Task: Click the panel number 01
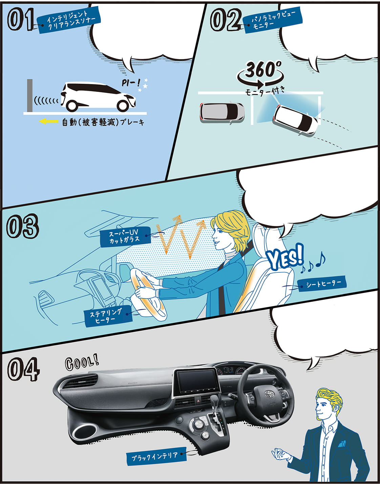[x=21, y=19]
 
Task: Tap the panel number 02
[x=226, y=20]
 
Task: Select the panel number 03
[x=22, y=226]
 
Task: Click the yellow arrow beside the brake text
[x=48, y=121]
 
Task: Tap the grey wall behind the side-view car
[x=30, y=95]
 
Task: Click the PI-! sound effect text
[x=131, y=83]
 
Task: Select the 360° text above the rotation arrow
[x=263, y=69]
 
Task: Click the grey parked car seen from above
[x=222, y=113]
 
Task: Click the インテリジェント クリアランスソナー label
[x=68, y=20]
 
